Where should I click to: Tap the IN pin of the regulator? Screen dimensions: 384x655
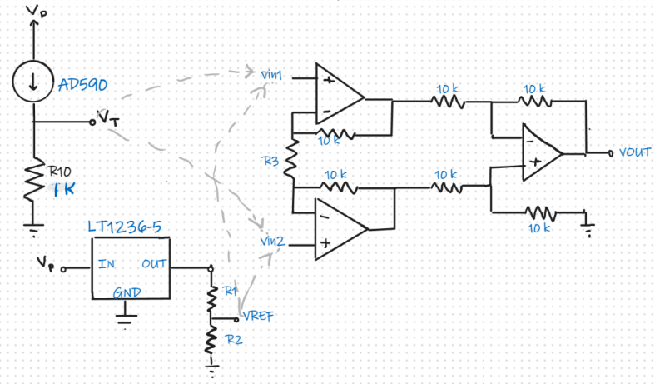pyautogui.click(x=107, y=264)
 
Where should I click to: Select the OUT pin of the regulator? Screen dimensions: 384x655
pyautogui.click(x=155, y=264)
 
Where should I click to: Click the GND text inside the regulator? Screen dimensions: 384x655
pyautogui.click(x=127, y=292)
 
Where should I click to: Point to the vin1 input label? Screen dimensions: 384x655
pyautogui.click(x=272, y=75)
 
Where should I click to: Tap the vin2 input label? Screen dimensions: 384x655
pyautogui.click(x=272, y=242)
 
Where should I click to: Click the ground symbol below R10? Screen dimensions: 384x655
pyautogui.click(x=34, y=224)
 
